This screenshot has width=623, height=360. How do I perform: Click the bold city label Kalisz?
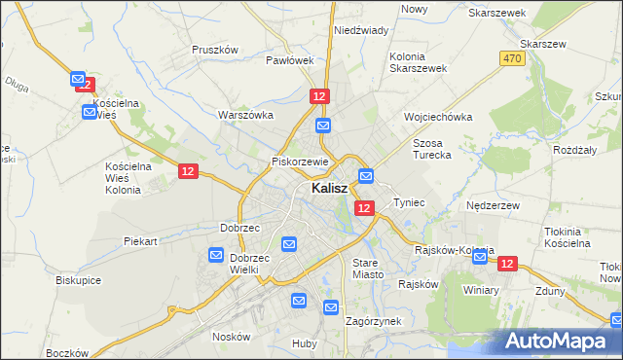pos(332,189)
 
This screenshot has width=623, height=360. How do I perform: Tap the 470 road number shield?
pos(513,59)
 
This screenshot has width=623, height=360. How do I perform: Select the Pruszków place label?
pos(215,49)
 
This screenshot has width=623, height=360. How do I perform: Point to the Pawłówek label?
pos(290,59)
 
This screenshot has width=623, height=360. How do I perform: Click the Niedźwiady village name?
pos(361,30)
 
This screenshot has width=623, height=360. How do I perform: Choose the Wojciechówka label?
pos(438,117)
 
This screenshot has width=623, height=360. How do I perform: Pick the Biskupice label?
pos(80,279)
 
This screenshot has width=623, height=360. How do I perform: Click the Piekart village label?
pos(140,240)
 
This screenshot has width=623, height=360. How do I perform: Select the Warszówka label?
pos(243,114)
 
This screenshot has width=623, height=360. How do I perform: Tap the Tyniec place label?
pos(409,202)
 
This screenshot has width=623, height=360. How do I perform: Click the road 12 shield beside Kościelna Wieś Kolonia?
pos(189,171)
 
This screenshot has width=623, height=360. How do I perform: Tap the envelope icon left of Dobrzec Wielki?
pos(216,255)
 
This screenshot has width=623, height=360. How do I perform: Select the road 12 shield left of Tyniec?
pos(364,208)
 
